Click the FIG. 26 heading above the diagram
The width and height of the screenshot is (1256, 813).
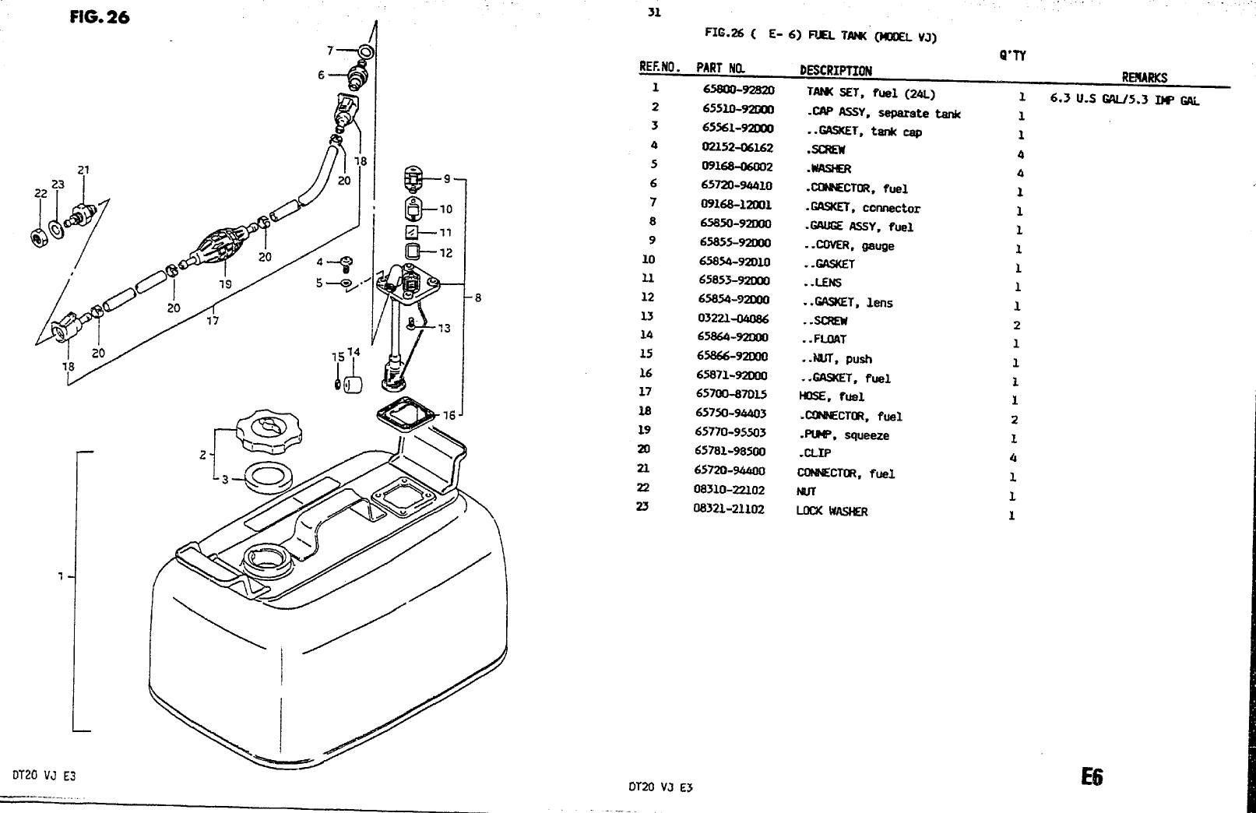[x=99, y=16]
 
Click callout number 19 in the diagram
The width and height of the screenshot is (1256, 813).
[x=225, y=284]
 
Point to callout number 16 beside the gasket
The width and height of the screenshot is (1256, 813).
[x=449, y=415]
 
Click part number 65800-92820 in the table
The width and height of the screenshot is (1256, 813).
[x=737, y=90]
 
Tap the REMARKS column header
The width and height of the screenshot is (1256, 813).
[x=1144, y=77]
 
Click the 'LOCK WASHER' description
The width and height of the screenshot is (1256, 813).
[x=832, y=511]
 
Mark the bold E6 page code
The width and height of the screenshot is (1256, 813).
[x=1092, y=776]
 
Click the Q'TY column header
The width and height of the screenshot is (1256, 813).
[x=1012, y=55]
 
